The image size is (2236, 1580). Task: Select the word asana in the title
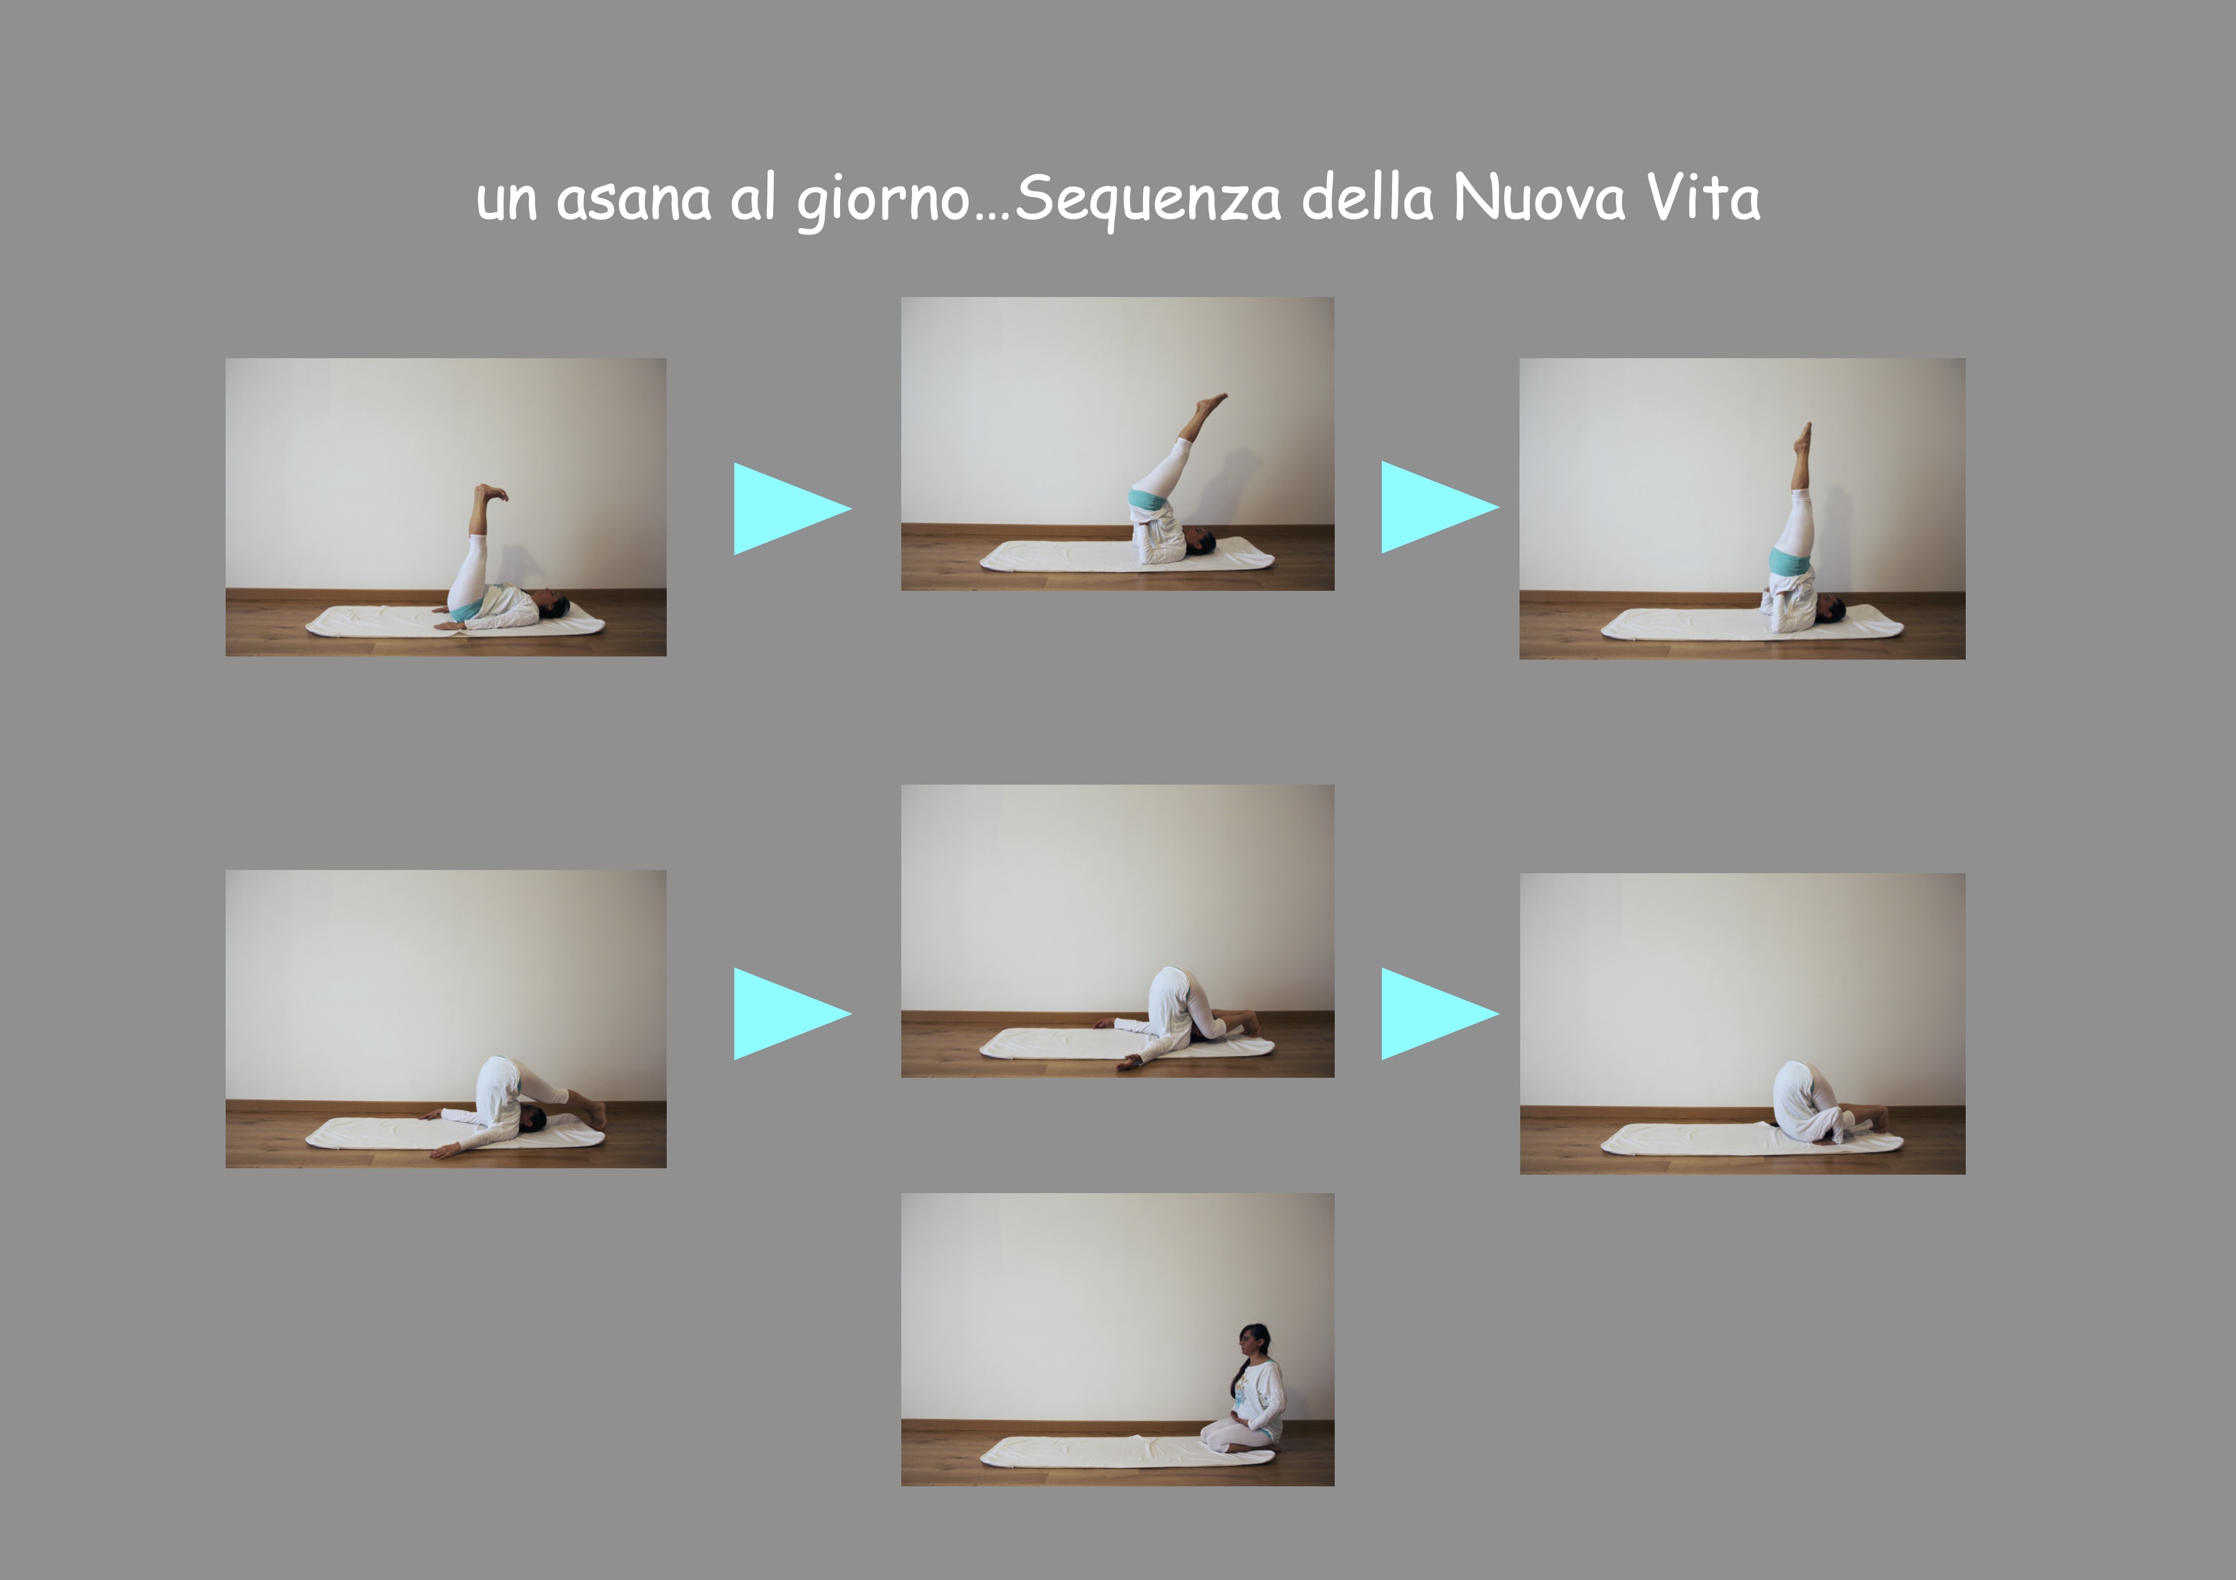[633, 199]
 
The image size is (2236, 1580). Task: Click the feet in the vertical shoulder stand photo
[1803, 435]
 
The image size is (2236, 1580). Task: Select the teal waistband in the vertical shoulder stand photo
[1789, 562]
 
